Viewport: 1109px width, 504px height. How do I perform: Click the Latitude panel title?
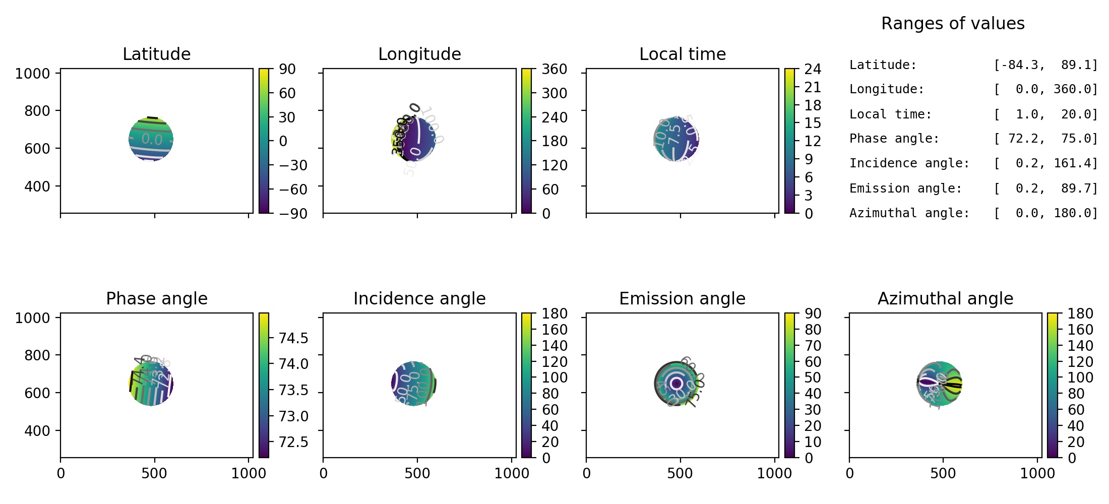coord(156,54)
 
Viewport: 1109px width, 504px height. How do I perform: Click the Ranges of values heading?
coord(953,23)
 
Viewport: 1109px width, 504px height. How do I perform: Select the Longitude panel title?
coord(419,54)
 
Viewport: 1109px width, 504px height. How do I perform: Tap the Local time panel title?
coord(683,54)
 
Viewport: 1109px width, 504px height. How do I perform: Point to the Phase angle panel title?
coord(156,298)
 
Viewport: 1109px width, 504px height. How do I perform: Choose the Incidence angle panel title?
coord(419,298)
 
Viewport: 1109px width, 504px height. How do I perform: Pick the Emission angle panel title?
coord(682,298)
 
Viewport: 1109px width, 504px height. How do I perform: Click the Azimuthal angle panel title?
coord(945,298)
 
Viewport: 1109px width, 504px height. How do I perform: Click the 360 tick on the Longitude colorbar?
coord(554,69)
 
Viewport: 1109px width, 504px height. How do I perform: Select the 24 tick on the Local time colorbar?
coord(813,69)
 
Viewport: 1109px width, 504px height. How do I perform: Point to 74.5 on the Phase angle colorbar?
coord(293,338)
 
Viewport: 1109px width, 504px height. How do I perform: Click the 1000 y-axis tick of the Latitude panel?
coord(32,74)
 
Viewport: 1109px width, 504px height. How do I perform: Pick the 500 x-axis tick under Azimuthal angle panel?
coord(943,473)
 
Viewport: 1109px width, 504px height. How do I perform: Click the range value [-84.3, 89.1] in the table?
coord(1045,65)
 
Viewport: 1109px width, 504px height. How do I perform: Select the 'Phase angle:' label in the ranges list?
coord(894,139)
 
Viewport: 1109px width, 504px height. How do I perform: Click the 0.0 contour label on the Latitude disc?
coord(152,139)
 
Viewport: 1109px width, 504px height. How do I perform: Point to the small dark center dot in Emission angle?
coord(676,384)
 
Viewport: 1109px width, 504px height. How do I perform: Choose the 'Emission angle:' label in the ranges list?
coord(905,188)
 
